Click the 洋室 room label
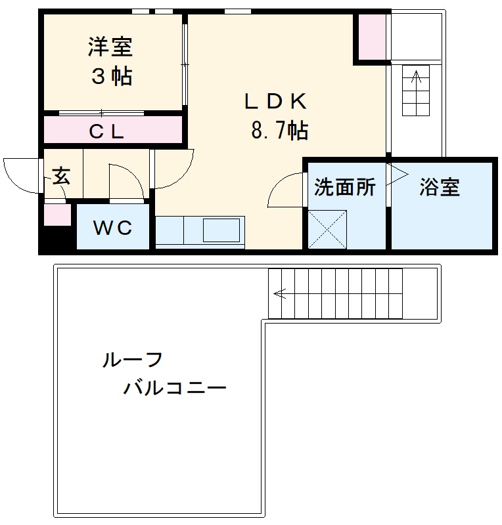111,47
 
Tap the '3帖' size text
111,77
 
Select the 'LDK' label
276,102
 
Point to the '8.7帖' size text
279,131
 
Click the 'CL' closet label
107,132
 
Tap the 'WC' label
112,228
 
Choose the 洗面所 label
344,188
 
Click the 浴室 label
440,188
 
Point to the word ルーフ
132,360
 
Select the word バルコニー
175,388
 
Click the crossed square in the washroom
327,228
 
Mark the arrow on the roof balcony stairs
281,293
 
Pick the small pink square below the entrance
57,215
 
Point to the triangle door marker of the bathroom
398,174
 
